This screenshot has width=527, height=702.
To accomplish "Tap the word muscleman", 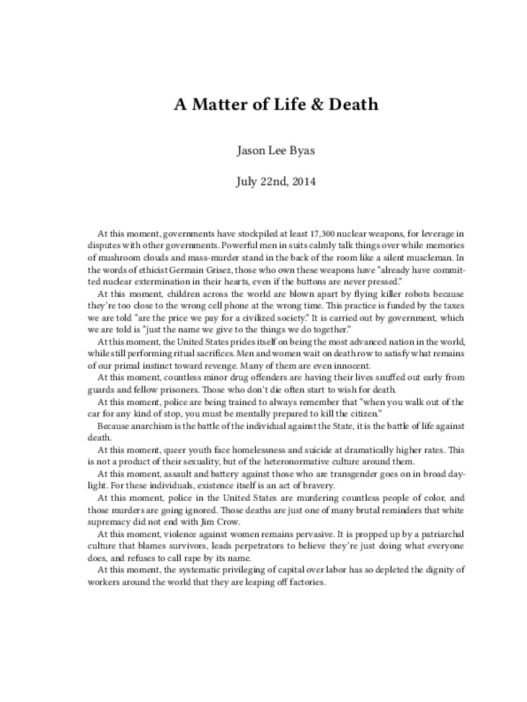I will [416, 257].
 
